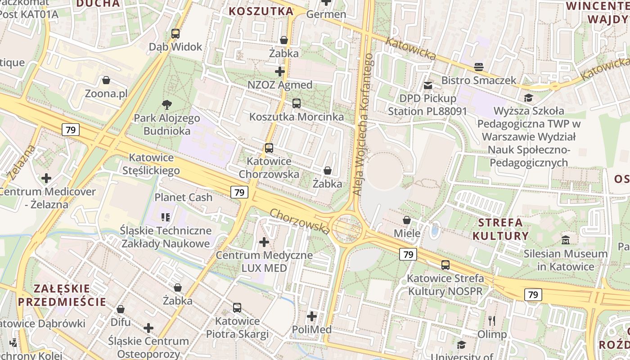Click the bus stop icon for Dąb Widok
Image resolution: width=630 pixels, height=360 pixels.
tap(175, 33)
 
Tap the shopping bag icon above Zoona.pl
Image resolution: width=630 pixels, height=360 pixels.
tap(106, 80)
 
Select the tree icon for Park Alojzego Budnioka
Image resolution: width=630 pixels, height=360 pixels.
tap(167, 105)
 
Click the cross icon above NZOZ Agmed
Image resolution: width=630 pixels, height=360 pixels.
tap(280, 71)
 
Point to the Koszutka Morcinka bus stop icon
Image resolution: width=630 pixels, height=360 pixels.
tap(296, 103)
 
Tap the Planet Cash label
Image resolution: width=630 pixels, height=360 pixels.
tap(183, 197)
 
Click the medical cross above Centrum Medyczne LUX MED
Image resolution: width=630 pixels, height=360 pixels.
tap(264, 242)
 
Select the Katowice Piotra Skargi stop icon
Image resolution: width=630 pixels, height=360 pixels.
tap(237, 308)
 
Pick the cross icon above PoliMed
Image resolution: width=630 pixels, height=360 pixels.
tap(312, 316)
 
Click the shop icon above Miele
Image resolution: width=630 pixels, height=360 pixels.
tap(407, 220)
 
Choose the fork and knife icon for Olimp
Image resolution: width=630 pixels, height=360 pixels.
tap(492, 321)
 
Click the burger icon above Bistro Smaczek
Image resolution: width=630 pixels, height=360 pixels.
tap(479, 67)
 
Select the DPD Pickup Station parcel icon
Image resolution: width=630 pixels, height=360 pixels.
tap(427, 85)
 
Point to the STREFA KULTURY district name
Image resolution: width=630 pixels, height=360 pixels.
tap(500, 229)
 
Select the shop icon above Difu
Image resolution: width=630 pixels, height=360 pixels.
tap(121, 309)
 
